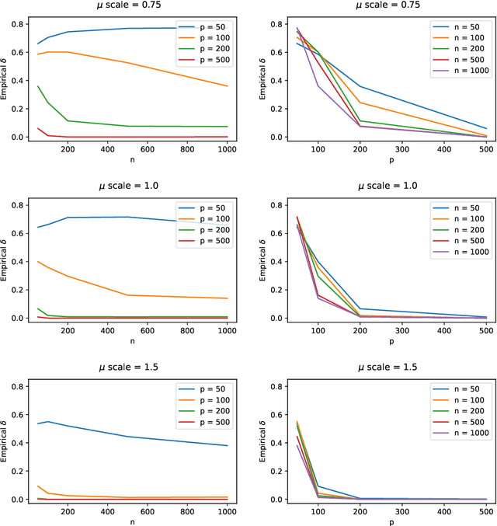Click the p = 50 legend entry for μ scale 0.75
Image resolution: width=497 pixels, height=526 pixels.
point(205,26)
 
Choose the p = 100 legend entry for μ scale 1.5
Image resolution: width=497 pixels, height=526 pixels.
point(205,399)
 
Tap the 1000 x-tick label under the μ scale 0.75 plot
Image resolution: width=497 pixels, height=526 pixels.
point(228,149)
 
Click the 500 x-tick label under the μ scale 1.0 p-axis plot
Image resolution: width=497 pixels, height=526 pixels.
point(485,330)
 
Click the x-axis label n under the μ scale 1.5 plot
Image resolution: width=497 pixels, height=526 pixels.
point(132,522)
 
